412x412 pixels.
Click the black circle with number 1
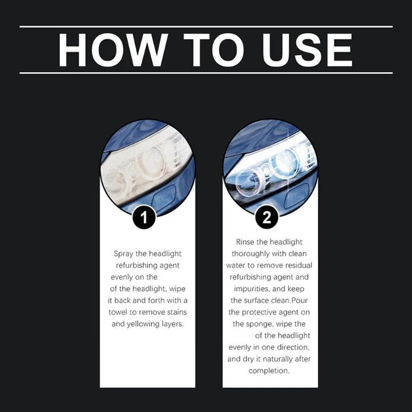[x=144, y=218]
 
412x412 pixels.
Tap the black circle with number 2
[x=267, y=218]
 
